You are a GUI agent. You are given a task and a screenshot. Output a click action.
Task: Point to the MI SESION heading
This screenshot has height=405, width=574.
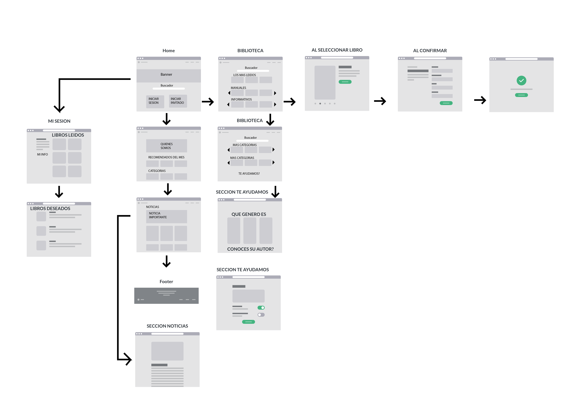[x=59, y=121]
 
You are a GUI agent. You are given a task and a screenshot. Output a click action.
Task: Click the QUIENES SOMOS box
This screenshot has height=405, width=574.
[x=166, y=146]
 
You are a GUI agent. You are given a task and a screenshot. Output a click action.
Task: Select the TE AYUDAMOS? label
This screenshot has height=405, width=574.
[x=249, y=174]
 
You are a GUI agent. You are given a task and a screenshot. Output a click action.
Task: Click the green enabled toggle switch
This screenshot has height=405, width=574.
[x=261, y=308]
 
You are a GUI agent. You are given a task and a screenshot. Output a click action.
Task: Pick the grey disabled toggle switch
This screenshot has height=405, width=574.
[x=261, y=315]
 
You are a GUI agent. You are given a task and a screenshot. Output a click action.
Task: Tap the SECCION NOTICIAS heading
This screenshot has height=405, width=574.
[x=167, y=326]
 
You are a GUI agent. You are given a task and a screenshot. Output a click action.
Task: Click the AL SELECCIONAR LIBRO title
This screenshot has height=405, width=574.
[x=337, y=50]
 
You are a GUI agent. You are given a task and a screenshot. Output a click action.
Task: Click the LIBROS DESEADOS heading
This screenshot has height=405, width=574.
[x=50, y=208]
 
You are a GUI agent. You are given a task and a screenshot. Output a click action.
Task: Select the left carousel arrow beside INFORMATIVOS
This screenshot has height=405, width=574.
[x=228, y=105]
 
